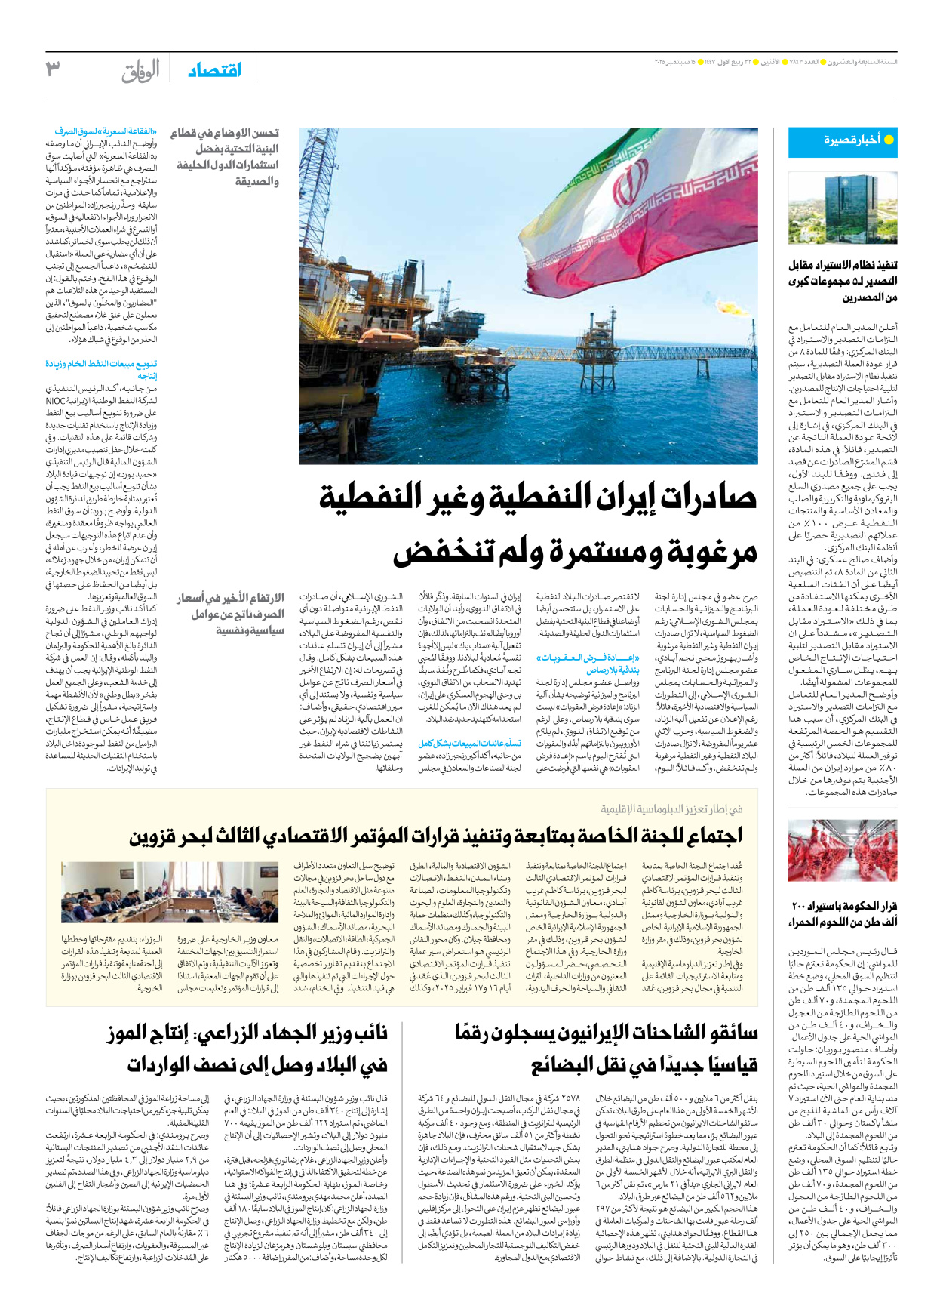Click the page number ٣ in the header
click(x=53, y=69)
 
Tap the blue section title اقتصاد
click(x=214, y=70)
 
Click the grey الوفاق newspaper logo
click(x=140, y=72)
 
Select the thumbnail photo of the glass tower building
click(x=842, y=208)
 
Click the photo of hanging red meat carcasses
click(x=842, y=851)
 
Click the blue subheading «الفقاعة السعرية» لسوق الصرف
click(x=106, y=131)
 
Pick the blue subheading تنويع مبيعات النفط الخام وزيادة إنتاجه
click(x=101, y=369)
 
